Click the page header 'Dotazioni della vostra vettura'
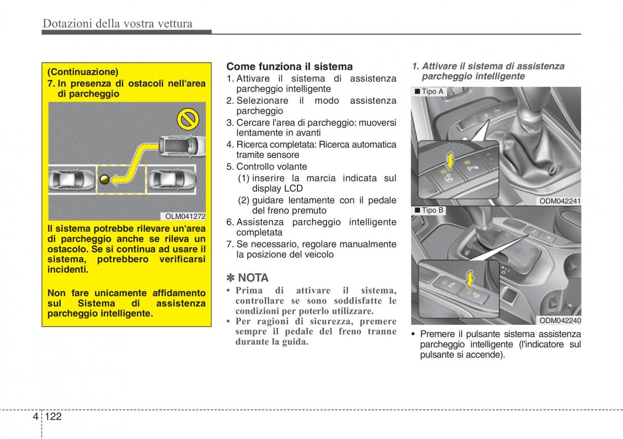[x=117, y=23]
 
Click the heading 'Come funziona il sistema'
[x=290, y=66]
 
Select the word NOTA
[x=253, y=278]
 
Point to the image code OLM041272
[x=186, y=216]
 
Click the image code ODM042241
[x=560, y=202]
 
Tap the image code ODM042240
[x=560, y=321]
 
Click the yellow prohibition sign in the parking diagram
[x=187, y=121]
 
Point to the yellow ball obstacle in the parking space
[x=104, y=179]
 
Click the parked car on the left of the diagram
[x=72, y=180]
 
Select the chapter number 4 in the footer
[x=35, y=417]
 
